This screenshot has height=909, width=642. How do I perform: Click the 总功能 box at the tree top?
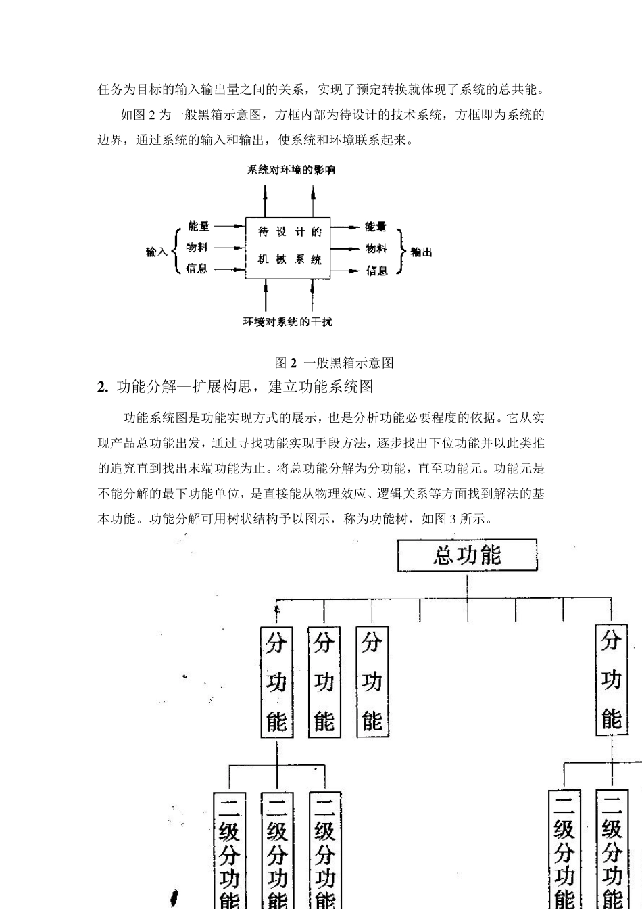467,556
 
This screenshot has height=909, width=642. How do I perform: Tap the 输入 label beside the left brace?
156,252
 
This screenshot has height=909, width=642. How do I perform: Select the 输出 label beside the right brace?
421,252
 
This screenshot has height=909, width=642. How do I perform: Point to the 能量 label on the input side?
199,227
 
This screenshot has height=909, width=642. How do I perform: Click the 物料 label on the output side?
376,249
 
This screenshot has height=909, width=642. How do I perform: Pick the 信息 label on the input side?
197,269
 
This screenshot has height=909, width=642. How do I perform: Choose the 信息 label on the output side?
376,271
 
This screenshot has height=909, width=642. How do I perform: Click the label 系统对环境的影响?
290,170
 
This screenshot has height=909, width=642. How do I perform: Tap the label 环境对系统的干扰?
288,321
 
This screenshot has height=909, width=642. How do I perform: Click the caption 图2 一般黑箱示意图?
335,363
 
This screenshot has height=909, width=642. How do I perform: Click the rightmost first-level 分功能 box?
611,680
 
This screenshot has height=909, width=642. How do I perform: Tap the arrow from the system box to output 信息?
346,271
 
